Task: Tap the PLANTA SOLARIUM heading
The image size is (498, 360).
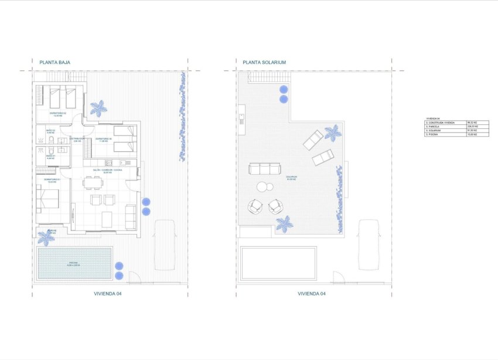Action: point(260,62)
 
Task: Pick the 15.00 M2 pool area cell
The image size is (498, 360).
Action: point(472,135)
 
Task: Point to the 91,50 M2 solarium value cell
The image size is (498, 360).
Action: point(472,131)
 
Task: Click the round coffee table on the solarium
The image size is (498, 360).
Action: point(263,187)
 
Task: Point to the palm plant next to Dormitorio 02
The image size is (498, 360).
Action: point(98,108)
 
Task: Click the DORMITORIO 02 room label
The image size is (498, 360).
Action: point(57,113)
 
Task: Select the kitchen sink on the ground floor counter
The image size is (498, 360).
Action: point(124,162)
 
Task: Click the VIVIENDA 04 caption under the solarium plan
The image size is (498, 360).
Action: point(312,293)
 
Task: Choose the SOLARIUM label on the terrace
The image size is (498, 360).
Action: point(291,176)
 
